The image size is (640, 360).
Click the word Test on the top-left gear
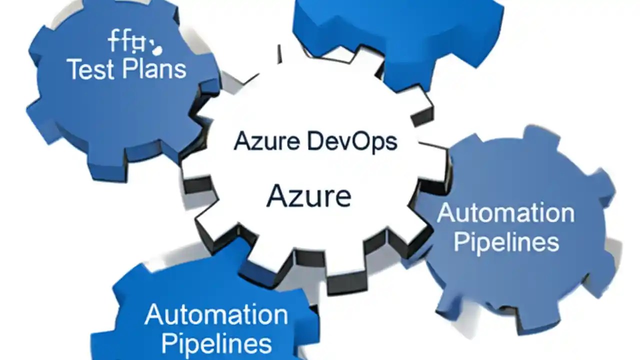88,69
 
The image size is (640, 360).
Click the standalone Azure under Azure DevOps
308,196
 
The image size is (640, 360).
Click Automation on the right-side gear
505,214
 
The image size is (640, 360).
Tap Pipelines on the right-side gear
505,242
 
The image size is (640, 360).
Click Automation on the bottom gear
216,315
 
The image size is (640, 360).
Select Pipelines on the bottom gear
216,344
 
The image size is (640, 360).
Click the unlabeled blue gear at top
395,30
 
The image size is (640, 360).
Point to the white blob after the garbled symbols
157,49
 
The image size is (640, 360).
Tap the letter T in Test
74,69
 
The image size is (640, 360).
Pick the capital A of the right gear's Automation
446,214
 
